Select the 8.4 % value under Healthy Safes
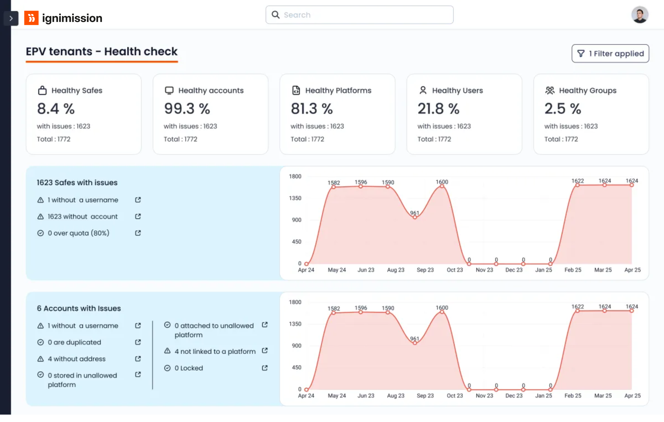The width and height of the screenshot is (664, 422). pyautogui.click(x=56, y=109)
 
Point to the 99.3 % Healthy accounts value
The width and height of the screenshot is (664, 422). pyautogui.click(x=187, y=109)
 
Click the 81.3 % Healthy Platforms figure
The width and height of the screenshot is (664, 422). pyautogui.click(x=312, y=109)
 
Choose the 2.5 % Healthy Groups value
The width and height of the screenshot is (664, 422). pyautogui.click(x=563, y=109)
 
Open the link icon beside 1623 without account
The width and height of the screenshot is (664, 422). pyautogui.click(x=138, y=216)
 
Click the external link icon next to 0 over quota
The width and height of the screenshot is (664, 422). pyautogui.click(x=138, y=233)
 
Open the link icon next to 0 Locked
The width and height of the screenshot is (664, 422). pyautogui.click(x=265, y=368)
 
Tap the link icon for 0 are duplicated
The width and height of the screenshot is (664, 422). pyautogui.click(x=138, y=342)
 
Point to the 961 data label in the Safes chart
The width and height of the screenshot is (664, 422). pyautogui.click(x=414, y=213)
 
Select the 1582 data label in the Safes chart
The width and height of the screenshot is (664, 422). pyautogui.click(x=334, y=183)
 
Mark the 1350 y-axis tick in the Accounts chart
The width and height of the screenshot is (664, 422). pyautogui.click(x=295, y=324)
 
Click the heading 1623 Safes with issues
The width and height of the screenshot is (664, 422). pyautogui.click(x=77, y=182)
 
